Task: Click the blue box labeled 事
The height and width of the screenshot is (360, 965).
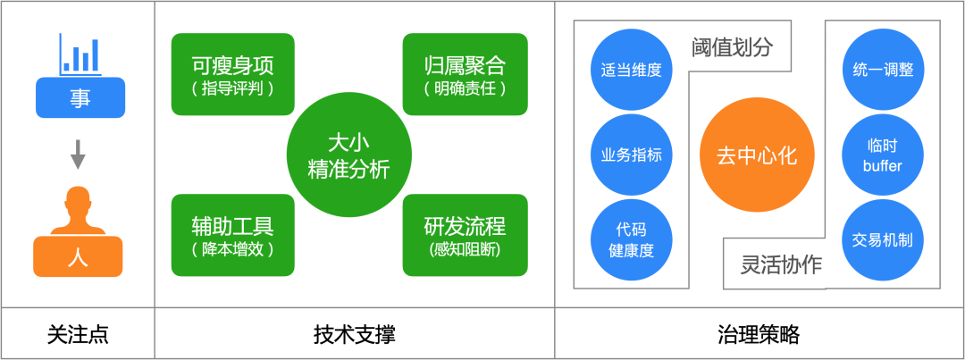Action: click(x=80, y=98)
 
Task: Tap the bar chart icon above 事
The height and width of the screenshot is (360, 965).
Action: click(x=80, y=54)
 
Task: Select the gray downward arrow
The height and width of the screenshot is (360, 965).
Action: click(x=78, y=155)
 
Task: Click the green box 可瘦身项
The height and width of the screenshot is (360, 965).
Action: click(x=232, y=74)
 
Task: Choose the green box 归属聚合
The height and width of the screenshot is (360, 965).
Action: click(x=465, y=74)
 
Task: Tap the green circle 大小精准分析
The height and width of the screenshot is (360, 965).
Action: click(x=348, y=155)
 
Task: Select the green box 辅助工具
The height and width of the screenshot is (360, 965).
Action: click(x=232, y=235)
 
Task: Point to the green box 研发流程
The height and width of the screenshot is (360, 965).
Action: click(x=465, y=235)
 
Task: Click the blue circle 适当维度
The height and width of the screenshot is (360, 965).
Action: click(x=632, y=70)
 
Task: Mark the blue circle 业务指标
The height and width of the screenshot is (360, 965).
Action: click(x=632, y=155)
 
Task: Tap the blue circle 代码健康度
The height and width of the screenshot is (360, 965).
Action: click(x=632, y=239)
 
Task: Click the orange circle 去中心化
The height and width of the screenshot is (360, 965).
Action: click(x=757, y=155)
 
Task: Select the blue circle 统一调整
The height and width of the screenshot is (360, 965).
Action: click(x=883, y=70)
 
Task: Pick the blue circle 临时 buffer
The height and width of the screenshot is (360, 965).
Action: click(x=883, y=155)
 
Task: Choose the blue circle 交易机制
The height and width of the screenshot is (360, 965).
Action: click(x=883, y=239)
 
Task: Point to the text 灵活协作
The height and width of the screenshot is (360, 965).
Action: click(x=781, y=264)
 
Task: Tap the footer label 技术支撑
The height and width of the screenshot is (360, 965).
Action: click(x=354, y=335)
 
